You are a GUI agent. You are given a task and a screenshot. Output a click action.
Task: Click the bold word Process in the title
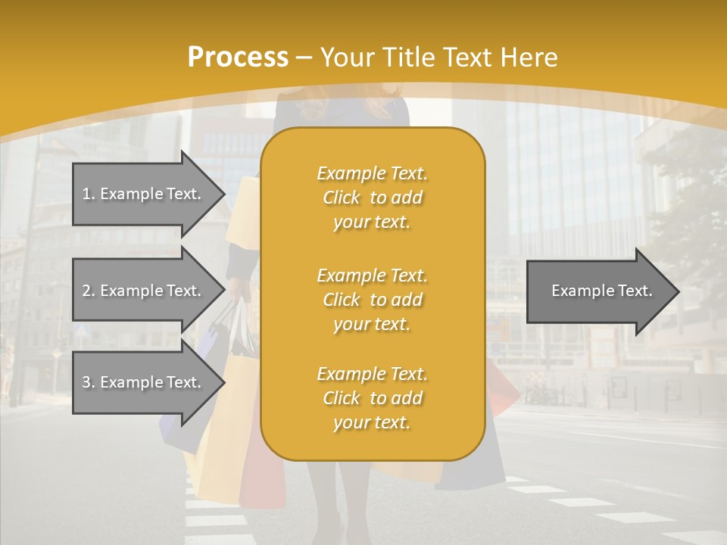[238, 58]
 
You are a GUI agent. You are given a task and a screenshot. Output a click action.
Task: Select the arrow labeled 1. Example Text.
[144, 194]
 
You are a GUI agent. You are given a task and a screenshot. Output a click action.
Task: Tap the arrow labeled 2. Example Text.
[144, 291]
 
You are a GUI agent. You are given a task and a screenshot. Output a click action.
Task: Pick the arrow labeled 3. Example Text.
[144, 382]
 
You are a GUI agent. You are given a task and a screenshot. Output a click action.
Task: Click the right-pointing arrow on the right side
[598, 291]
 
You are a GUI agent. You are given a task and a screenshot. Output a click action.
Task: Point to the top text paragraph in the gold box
[372, 198]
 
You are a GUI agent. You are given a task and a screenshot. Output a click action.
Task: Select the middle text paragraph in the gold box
[372, 300]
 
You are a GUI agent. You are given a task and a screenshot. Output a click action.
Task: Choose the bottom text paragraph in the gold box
[372, 398]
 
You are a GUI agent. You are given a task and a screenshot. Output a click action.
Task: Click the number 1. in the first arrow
[89, 194]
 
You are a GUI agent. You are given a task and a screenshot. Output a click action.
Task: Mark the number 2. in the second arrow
[89, 291]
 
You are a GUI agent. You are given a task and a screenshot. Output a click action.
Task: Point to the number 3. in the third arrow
[89, 382]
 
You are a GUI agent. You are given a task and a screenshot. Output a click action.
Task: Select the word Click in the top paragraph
[342, 198]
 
